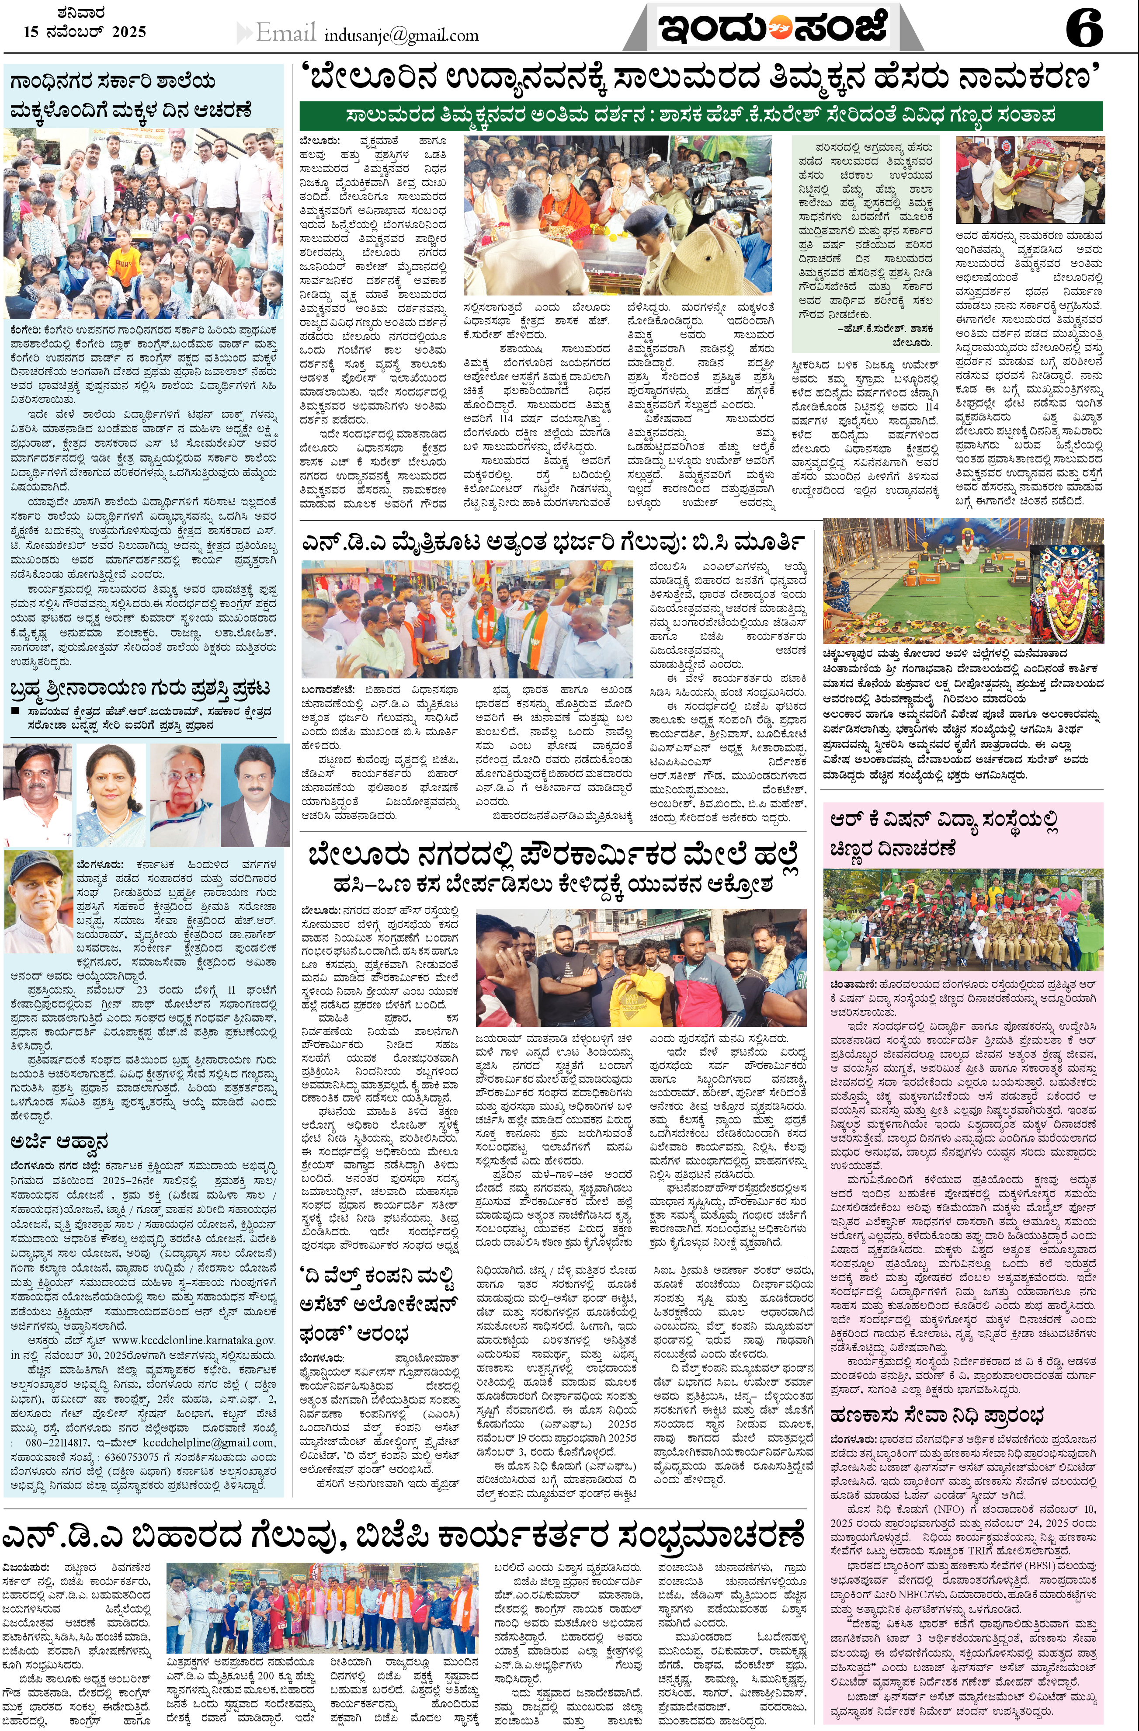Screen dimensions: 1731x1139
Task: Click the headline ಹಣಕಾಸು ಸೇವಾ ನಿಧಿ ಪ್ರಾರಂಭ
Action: pyautogui.click(x=937, y=1415)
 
